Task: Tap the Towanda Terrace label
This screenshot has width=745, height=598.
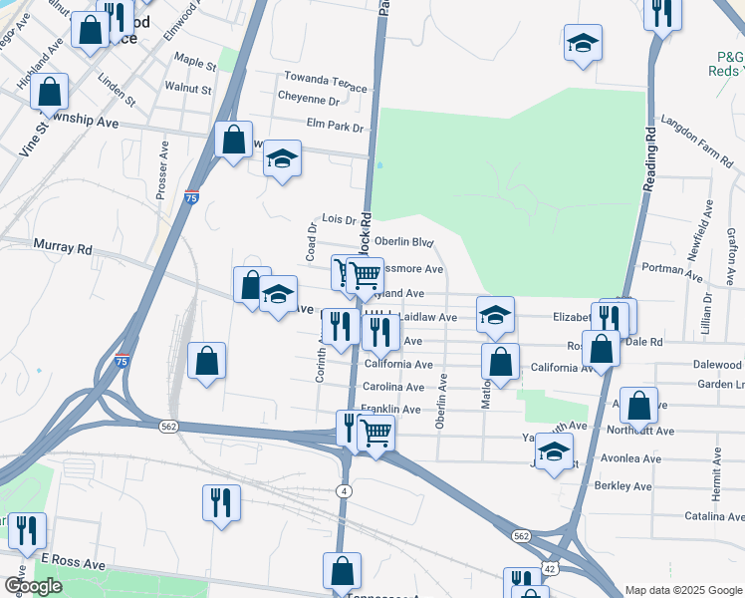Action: (x=326, y=78)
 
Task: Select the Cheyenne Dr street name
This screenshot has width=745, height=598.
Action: (x=309, y=100)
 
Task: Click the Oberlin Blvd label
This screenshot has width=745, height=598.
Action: (x=403, y=242)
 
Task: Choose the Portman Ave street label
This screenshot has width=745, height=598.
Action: (x=672, y=268)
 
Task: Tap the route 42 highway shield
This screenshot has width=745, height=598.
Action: (x=550, y=568)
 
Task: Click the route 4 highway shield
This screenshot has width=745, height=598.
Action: (x=343, y=491)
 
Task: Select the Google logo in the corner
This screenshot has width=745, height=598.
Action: (x=34, y=586)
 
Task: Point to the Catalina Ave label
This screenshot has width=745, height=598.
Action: (x=714, y=516)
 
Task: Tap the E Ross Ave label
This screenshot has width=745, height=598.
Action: (x=72, y=563)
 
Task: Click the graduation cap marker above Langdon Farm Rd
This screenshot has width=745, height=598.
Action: (x=583, y=44)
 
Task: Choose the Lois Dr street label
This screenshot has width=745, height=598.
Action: (x=339, y=219)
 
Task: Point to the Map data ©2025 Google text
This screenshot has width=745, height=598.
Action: (x=682, y=590)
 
